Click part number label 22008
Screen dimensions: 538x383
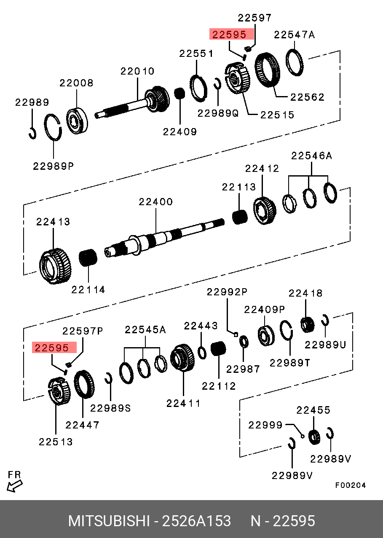tap(76, 83)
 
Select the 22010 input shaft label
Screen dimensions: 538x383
tap(138, 71)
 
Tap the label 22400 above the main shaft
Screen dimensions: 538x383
tap(156, 202)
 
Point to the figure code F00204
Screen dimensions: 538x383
tap(351, 485)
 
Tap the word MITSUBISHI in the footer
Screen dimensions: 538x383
tap(109, 521)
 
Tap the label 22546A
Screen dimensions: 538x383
tap(312, 156)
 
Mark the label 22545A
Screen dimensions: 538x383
tap(145, 330)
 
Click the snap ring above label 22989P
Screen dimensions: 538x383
tap(54, 126)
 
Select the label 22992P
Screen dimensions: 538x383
tap(227, 292)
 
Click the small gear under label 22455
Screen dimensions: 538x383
tap(314, 437)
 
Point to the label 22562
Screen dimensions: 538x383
tap(307, 97)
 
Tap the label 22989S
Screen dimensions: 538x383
tap(111, 408)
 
